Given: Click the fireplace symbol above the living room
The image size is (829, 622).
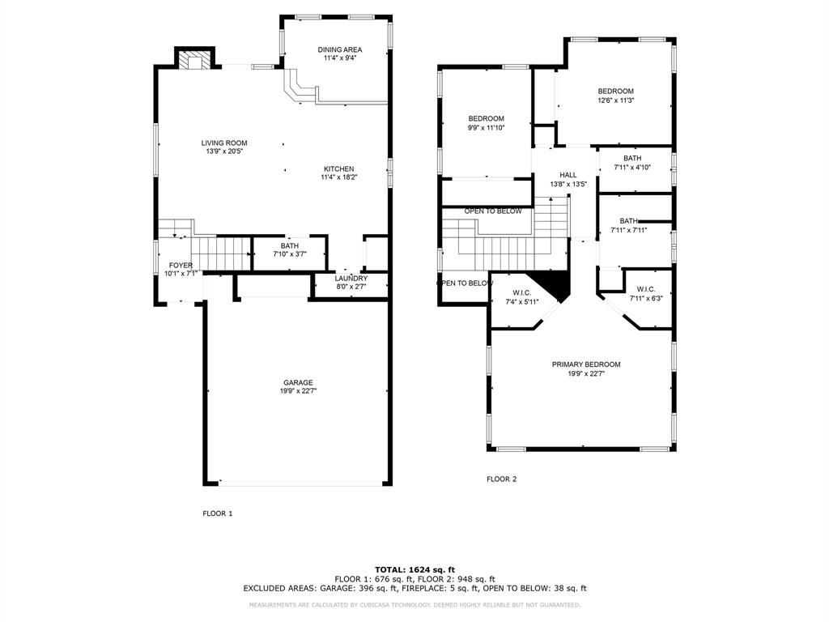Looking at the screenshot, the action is pyautogui.click(x=195, y=60).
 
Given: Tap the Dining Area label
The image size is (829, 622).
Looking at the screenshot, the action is pyautogui.click(x=340, y=49).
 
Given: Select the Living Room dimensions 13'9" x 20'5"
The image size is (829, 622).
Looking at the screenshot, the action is pyautogui.click(x=224, y=151).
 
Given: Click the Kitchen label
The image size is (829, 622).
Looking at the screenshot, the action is pyautogui.click(x=339, y=168).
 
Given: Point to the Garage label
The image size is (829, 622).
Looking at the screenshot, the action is pyautogui.click(x=298, y=382).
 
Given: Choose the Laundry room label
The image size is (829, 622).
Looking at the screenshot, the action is pyautogui.click(x=351, y=279).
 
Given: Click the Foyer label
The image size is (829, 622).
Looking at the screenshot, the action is pyautogui.click(x=181, y=265).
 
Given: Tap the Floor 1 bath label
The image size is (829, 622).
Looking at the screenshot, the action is pyautogui.click(x=290, y=246).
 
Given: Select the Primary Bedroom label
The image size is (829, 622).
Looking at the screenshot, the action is pyautogui.click(x=586, y=364).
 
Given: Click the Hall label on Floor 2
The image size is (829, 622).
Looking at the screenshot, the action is pyautogui.click(x=568, y=175).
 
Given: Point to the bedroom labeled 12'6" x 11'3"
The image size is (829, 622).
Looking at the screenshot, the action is pyautogui.click(x=616, y=91).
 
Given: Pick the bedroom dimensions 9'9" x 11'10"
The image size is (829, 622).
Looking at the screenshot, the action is pyautogui.click(x=487, y=127).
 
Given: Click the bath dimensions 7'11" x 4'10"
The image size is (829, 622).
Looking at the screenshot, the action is pyautogui.click(x=632, y=167).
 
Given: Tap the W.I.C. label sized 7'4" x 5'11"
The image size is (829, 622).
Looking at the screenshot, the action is pyautogui.click(x=522, y=293).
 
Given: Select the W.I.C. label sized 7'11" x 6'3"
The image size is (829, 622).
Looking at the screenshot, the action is pyautogui.click(x=646, y=289).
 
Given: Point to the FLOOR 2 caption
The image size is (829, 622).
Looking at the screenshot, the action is pyautogui.click(x=502, y=479).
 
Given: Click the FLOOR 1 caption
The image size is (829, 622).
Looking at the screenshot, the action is pyautogui.click(x=217, y=513).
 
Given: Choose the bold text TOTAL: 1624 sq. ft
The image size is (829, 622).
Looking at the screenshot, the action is pyautogui.click(x=415, y=569).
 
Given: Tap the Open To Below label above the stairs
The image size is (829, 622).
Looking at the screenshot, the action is pyautogui.click(x=493, y=211).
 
